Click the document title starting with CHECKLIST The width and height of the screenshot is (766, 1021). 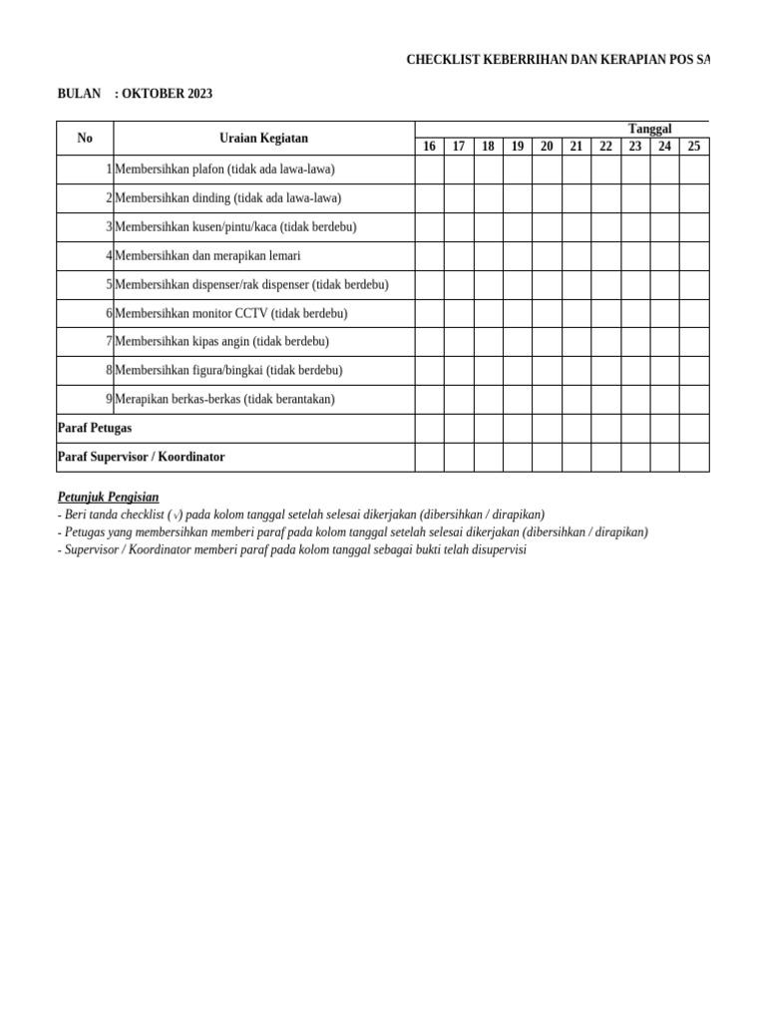(558, 61)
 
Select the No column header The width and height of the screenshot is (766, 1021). (85, 138)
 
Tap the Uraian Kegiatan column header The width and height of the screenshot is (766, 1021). (263, 138)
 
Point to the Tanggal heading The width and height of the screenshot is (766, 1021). (649, 129)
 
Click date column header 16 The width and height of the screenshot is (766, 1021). (429, 147)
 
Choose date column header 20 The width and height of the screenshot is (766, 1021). (547, 147)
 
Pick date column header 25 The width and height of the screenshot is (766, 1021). (694, 147)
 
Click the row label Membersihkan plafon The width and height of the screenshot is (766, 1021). (224, 170)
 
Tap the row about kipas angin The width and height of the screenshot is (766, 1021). (221, 341)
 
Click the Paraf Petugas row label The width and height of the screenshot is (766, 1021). (95, 428)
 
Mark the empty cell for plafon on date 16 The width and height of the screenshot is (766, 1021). (429, 170)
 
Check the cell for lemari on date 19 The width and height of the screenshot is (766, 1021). (518, 255)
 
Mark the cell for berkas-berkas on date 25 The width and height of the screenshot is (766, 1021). (694, 399)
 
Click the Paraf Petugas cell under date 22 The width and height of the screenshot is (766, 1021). (605, 428)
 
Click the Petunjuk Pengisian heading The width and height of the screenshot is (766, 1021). (108, 497)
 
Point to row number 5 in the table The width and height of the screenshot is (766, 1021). (109, 284)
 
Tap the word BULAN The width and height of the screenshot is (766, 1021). (79, 94)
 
